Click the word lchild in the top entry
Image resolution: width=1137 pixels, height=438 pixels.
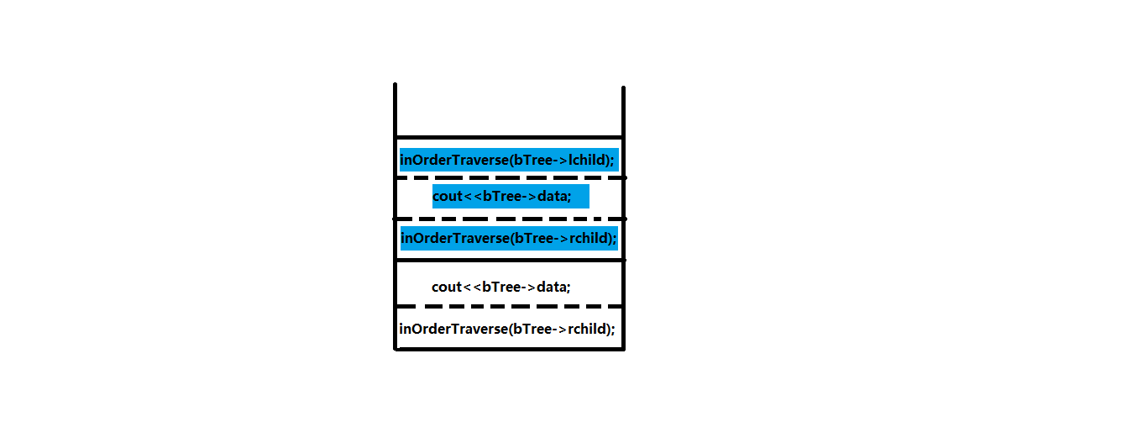[x=589, y=159]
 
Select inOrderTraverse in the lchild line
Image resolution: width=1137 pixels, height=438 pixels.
[x=453, y=159]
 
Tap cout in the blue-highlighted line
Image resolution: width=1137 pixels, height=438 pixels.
[x=448, y=197]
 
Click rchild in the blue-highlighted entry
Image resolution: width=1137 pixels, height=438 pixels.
[x=589, y=238]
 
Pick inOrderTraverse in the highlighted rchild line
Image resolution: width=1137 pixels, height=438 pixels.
[x=453, y=238]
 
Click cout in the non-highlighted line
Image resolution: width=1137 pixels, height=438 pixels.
[x=447, y=287]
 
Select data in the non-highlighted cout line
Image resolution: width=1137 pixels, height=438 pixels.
[x=552, y=287]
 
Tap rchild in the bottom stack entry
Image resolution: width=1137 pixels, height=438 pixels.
[x=588, y=329]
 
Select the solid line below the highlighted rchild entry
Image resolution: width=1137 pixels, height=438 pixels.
[x=510, y=260]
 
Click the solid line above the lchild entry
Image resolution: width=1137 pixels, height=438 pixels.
[x=510, y=137]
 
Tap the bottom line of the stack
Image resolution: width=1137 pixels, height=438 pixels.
[x=510, y=349]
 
